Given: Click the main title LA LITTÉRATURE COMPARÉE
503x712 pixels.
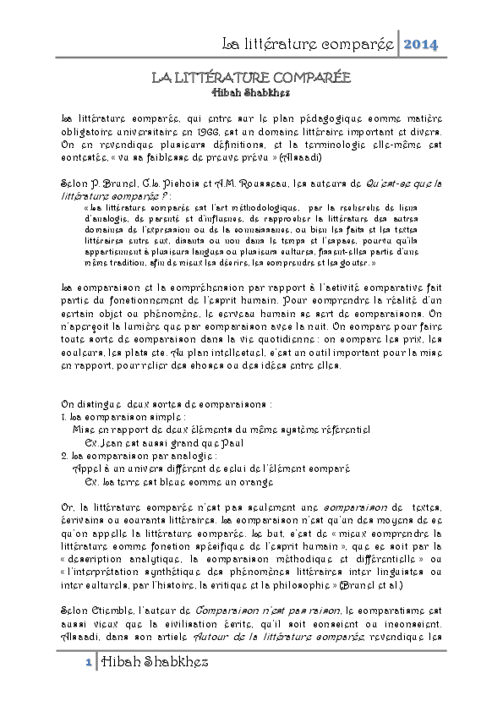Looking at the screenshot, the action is [250, 78].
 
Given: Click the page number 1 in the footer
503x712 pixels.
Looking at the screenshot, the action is [88, 663].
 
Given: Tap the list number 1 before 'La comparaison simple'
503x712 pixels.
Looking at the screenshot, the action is [65, 417].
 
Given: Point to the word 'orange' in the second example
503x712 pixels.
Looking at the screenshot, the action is [255, 481].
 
